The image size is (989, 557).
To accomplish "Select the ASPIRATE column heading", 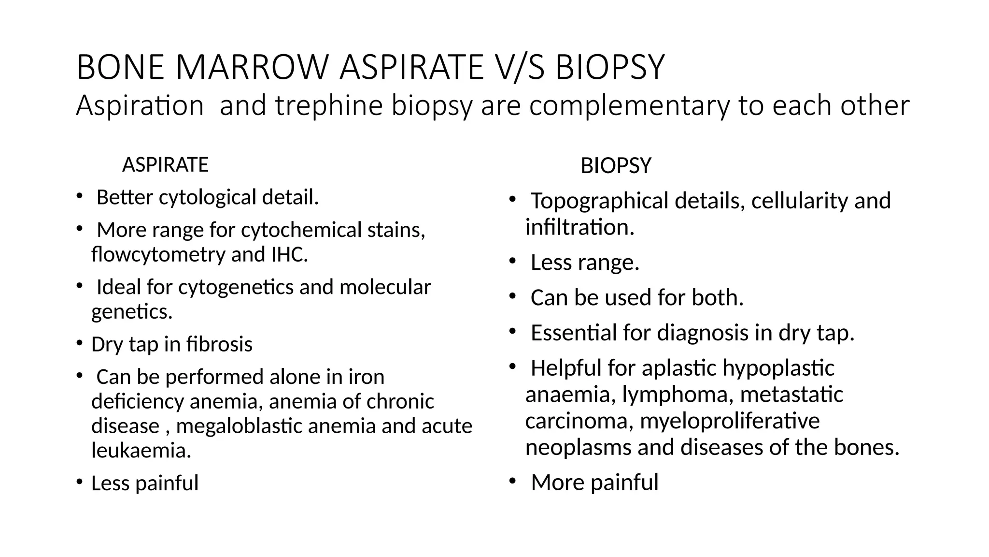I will [x=165, y=165].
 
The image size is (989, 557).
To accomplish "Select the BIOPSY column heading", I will [x=616, y=166].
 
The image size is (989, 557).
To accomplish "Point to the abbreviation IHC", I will [x=289, y=254].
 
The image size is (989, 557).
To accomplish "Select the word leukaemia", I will [x=141, y=451].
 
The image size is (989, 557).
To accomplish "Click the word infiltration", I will [x=579, y=227].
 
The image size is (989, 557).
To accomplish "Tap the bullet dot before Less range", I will [x=513, y=262].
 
